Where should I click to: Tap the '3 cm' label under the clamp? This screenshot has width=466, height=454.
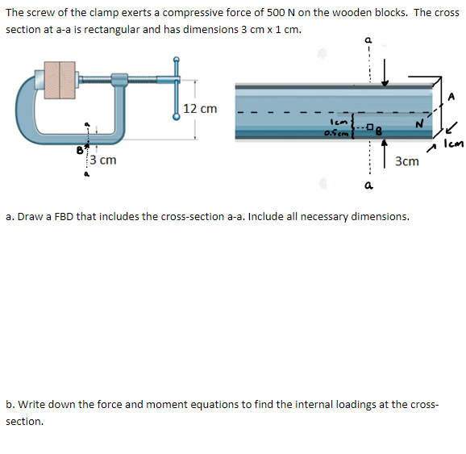tap(102, 160)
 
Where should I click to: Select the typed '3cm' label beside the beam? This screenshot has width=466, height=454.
tap(407, 161)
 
